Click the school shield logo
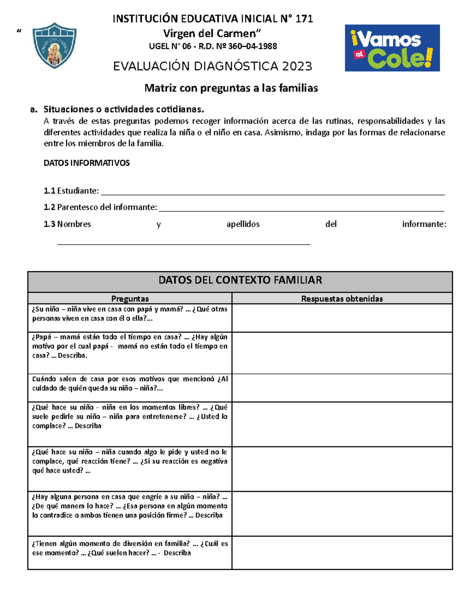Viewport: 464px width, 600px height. click(55, 45)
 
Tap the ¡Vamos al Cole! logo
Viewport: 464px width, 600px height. click(392, 48)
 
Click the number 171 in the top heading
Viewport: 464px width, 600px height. click(304, 19)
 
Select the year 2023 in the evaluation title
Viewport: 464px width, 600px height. click(297, 66)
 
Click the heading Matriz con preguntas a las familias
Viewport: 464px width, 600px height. click(231, 88)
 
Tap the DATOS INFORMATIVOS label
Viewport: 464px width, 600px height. click(87, 163)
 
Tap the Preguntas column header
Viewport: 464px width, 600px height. click(130, 299)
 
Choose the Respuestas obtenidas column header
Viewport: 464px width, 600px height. click(342, 299)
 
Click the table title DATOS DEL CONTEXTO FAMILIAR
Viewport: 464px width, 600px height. click(240, 280)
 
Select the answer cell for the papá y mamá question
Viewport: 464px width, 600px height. click(342, 318)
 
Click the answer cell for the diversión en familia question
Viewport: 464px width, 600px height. click(342, 552)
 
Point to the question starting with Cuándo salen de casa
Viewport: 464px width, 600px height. click(130, 384)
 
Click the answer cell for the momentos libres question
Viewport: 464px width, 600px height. click(342, 424)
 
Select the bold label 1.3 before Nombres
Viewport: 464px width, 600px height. click(49, 224)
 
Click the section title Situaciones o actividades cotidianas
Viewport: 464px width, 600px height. click(124, 109)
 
